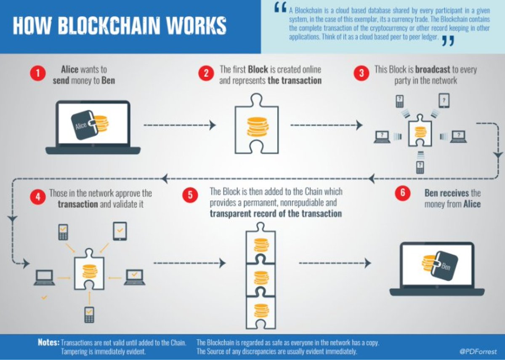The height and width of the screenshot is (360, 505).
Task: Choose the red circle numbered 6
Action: [x=402, y=194]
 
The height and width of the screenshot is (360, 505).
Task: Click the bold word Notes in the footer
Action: [x=48, y=342]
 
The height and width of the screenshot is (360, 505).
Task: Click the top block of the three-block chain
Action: [x=260, y=245]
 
